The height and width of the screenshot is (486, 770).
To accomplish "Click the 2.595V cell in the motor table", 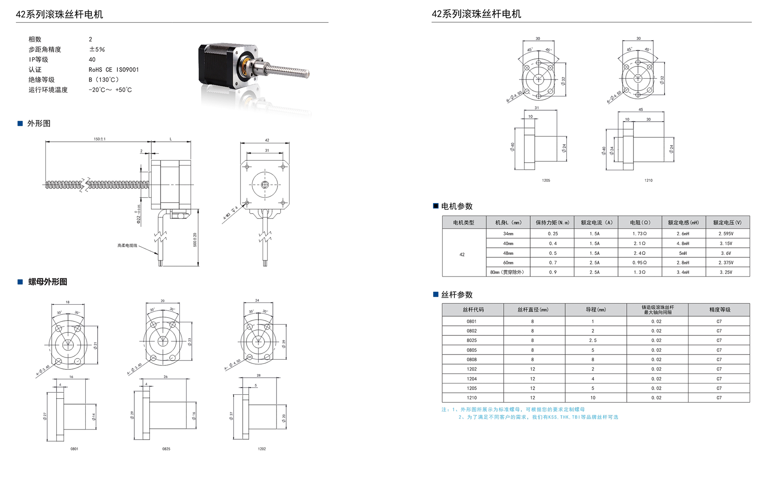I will pyautogui.click(x=726, y=234).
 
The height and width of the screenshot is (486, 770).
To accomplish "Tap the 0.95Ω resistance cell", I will pyautogui.click(x=639, y=263).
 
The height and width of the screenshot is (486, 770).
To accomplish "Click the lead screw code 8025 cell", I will pyautogui.click(x=472, y=340).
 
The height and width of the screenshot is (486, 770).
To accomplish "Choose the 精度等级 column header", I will pyautogui.click(x=720, y=310).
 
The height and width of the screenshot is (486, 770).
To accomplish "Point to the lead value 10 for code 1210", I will pyautogui.click(x=593, y=398).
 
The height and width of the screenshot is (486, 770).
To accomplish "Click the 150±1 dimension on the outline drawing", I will pyautogui.click(x=99, y=139).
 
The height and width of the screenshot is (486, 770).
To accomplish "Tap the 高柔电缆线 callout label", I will pyautogui.click(x=127, y=246).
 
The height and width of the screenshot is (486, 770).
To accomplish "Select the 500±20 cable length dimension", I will pyautogui.click(x=195, y=240).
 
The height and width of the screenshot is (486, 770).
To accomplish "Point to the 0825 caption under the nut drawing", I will pyautogui.click(x=166, y=449).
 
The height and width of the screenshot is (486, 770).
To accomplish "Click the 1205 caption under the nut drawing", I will pyautogui.click(x=546, y=180).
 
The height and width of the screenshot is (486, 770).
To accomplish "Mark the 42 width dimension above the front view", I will pyautogui.click(x=267, y=140).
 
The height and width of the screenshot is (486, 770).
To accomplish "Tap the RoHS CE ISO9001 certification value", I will pyautogui.click(x=114, y=70).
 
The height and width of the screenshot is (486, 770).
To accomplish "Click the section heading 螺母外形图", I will pyautogui.click(x=48, y=282).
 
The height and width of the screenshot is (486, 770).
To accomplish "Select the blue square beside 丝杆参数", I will pyautogui.click(x=435, y=294).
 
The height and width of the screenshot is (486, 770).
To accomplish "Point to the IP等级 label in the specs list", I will pyautogui.click(x=38, y=60).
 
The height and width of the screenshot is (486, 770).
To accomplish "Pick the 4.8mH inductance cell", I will pyautogui.click(x=683, y=244).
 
